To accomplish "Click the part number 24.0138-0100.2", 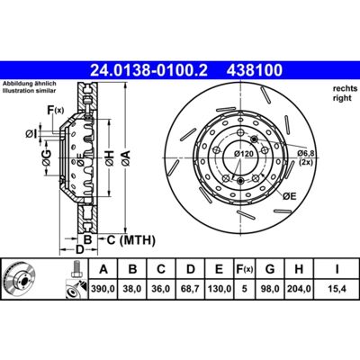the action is (x=148, y=70).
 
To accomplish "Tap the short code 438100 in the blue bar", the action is (x=255, y=70).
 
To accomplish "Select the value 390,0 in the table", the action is (x=103, y=289).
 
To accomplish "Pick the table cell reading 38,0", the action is (x=132, y=289).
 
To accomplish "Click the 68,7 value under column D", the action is (x=191, y=289).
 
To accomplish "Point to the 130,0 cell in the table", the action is (x=220, y=289).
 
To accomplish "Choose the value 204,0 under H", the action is (x=299, y=289).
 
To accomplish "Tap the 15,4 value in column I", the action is (x=337, y=289).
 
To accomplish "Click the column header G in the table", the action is (x=270, y=269).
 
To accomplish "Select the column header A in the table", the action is (x=103, y=269).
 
